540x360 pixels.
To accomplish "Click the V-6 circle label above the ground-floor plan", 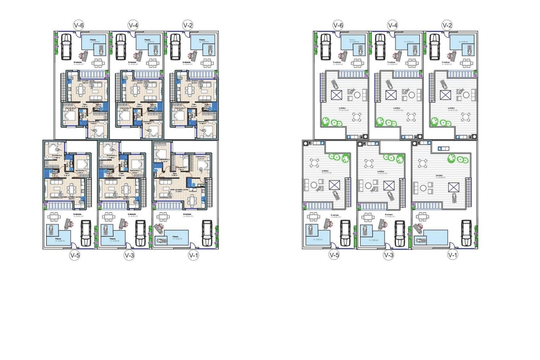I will point(79,25).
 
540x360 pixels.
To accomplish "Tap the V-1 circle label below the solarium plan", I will point(453,255).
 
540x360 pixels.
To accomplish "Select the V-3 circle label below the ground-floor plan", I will point(129,255).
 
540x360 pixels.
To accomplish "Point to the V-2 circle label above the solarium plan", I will point(447,25).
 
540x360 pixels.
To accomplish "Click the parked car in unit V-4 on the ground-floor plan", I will point(121,47).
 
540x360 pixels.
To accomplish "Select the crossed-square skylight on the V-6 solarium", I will point(336,95).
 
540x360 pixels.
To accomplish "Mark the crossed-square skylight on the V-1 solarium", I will point(453,187).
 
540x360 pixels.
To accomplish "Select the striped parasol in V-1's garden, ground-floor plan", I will point(158,228).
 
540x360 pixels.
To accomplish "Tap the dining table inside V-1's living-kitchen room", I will point(192,200).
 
